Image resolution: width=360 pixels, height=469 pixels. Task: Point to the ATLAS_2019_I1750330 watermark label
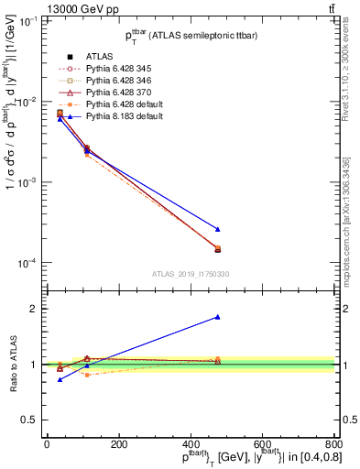click(190, 274)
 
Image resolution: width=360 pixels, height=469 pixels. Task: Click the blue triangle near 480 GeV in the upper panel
click(217, 229)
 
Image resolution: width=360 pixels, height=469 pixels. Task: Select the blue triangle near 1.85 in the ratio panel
click(217, 317)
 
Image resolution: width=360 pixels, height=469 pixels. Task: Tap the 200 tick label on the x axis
click(118, 443)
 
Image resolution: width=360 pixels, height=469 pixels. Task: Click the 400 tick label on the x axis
click(190, 443)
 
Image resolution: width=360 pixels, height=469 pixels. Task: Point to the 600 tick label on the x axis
click(262, 443)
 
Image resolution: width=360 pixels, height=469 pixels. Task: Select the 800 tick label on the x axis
click(333, 443)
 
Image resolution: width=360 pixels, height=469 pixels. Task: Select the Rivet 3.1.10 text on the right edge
click(349, 69)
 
